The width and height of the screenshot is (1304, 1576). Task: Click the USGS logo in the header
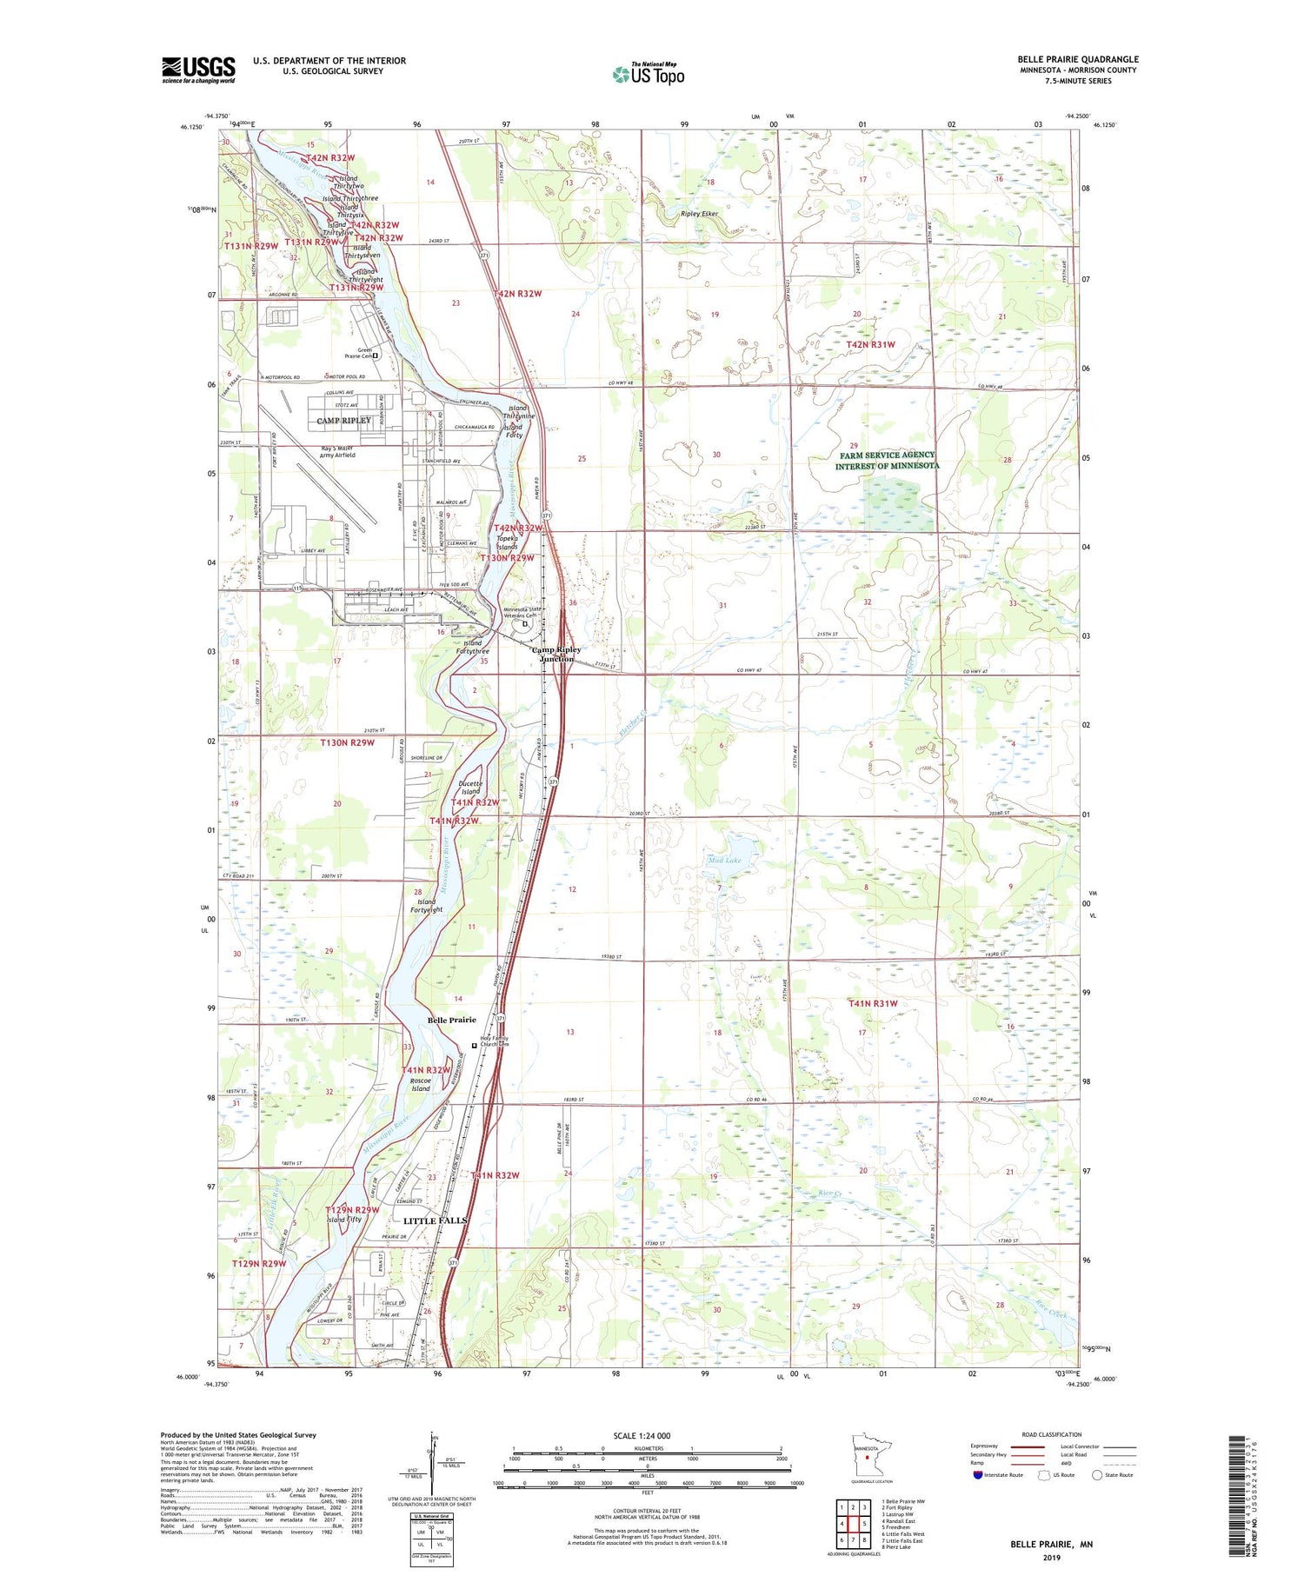tap(198, 70)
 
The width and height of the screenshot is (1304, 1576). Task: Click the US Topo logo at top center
tap(649, 74)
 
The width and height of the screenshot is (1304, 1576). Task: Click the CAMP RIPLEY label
tap(343, 421)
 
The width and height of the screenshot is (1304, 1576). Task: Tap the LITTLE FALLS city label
tap(435, 1220)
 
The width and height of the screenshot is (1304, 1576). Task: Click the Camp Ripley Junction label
tap(556, 655)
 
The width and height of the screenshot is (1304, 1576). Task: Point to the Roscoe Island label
tap(421, 1084)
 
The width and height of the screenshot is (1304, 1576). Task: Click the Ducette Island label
tap(469, 788)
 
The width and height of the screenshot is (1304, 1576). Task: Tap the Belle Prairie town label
tap(451, 1020)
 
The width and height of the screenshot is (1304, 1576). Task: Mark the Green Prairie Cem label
tap(359, 354)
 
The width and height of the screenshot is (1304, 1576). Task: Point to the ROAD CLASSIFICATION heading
tap(1052, 1434)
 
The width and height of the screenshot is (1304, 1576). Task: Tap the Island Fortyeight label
tap(429, 906)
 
